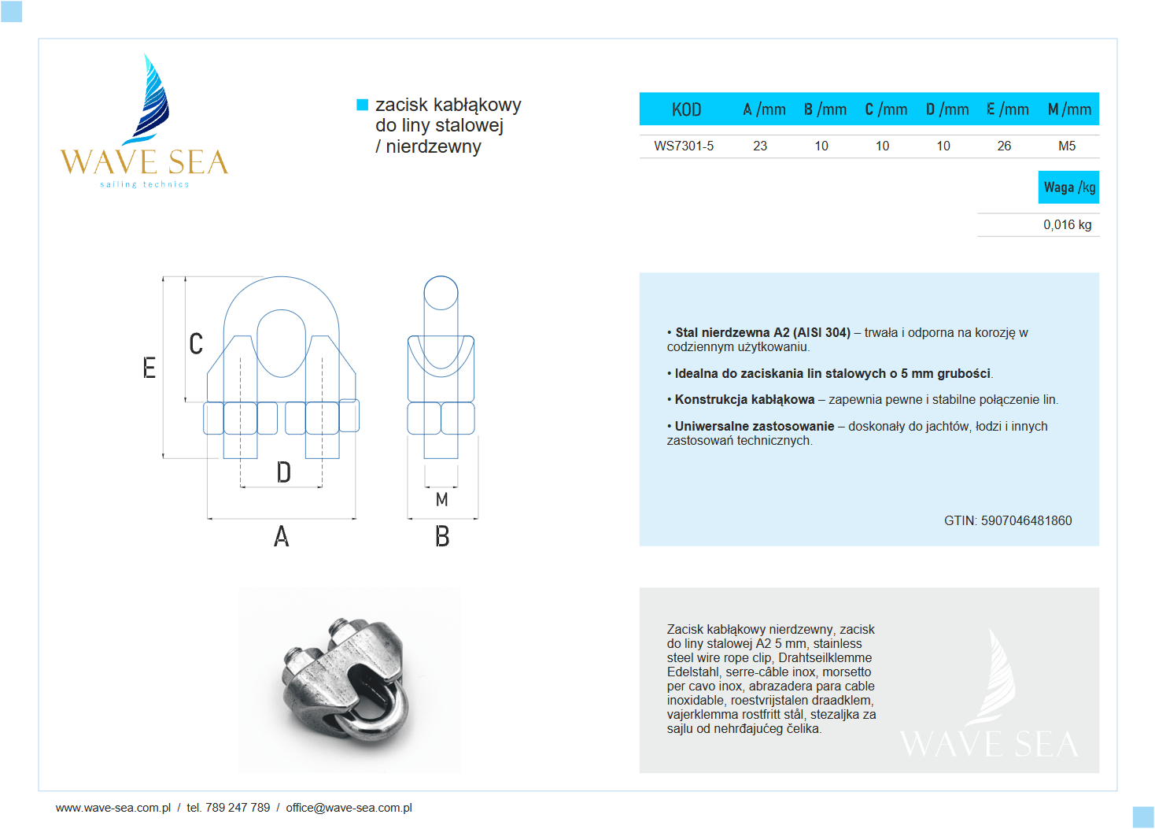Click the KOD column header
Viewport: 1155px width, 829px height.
(686, 109)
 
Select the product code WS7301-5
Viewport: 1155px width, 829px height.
(684, 146)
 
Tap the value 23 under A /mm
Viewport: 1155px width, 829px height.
(760, 146)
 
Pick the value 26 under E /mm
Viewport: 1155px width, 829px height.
(1004, 146)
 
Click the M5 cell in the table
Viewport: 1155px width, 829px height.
(1067, 146)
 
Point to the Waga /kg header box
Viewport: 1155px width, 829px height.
(1068, 187)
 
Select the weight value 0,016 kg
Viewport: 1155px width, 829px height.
(1067, 224)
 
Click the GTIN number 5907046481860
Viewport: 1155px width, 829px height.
(1026, 520)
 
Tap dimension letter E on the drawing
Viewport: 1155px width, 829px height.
(149, 368)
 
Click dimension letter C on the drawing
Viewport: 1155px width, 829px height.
(196, 343)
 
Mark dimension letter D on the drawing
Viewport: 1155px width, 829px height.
(284, 472)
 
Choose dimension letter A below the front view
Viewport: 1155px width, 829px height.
(282, 537)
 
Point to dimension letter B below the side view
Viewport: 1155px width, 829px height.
(442, 537)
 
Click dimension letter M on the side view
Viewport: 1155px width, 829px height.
(441, 499)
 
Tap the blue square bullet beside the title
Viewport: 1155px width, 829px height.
(363, 105)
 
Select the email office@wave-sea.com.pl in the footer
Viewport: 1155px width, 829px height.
(349, 808)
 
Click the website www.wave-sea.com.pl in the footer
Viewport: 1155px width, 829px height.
(113, 808)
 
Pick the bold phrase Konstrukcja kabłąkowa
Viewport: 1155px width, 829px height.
(744, 399)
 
